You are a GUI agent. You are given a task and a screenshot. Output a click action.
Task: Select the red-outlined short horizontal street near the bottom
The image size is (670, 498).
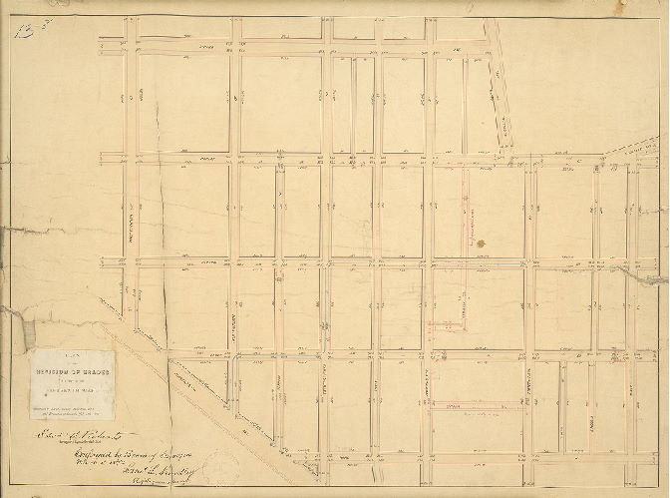476,406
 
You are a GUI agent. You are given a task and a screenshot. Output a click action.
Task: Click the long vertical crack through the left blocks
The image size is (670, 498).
163,230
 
